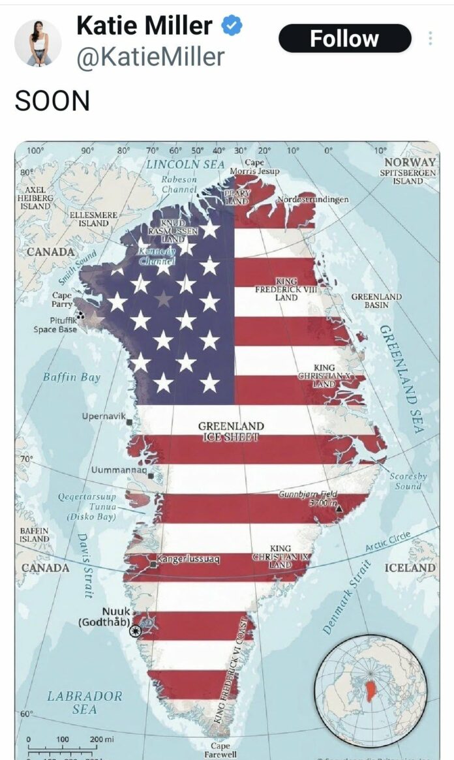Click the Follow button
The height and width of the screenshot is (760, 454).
(x=344, y=38)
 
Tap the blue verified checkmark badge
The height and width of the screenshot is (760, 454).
(x=232, y=26)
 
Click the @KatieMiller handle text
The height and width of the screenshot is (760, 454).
(x=151, y=57)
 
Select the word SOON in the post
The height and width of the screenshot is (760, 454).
(x=52, y=101)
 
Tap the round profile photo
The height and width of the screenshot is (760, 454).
(x=38, y=42)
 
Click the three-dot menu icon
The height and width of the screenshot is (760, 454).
(x=431, y=38)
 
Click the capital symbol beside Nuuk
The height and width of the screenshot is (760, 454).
(x=136, y=630)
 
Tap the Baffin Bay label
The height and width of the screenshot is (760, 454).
(x=72, y=377)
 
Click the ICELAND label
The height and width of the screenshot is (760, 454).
(x=410, y=568)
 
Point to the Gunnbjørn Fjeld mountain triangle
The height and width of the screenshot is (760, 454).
(x=338, y=508)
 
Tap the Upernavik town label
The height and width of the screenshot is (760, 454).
(x=104, y=416)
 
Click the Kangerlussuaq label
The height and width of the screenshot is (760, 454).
(x=188, y=559)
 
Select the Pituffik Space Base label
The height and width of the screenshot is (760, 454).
(x=55, y=325)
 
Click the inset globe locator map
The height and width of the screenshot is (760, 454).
(x=370, y=692)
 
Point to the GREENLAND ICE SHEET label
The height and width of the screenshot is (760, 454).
(x=231, y=431)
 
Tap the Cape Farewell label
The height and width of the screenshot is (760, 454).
(x=220, y=750)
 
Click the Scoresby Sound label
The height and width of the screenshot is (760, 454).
(x=408, y=481)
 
